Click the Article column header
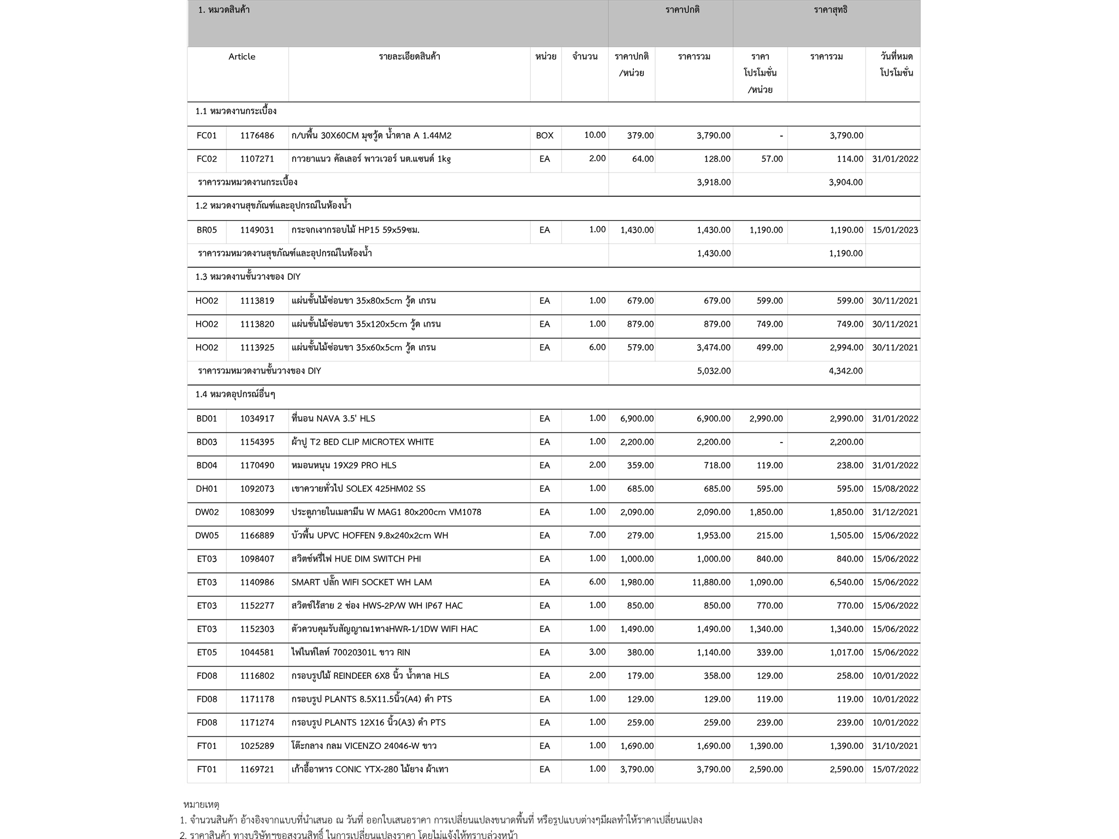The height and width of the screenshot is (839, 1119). (x=242, y=57)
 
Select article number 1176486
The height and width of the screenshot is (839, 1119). (x=257, y=135)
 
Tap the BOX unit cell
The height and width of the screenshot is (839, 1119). (x=544, y=135)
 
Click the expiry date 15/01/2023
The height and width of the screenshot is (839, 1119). (x=895, y=230)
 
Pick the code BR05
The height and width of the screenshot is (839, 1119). (x=207, y=230)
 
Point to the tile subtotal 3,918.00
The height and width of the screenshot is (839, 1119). (x=714, y=182)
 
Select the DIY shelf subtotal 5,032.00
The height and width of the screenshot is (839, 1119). (x=714, y=371)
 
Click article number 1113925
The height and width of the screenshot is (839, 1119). (x=257, y=347)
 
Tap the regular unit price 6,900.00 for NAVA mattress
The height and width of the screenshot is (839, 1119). (x=637, y=418)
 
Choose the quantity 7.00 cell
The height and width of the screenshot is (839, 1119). (x=597, y=535)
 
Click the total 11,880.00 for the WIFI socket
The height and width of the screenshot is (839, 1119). (x=711, y=582)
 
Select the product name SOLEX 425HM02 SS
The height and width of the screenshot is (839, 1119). (x=358, y=489)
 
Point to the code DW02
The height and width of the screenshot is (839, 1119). (x=207, y=512)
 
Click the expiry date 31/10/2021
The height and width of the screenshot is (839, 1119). (x=895, y=746)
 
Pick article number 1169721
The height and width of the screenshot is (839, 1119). (x=257, y=770)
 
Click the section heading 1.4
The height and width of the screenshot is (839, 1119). (x=235, y=394)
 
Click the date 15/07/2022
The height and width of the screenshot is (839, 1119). (x=895, y=770)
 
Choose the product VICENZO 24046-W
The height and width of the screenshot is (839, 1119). (x=364, y=746)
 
